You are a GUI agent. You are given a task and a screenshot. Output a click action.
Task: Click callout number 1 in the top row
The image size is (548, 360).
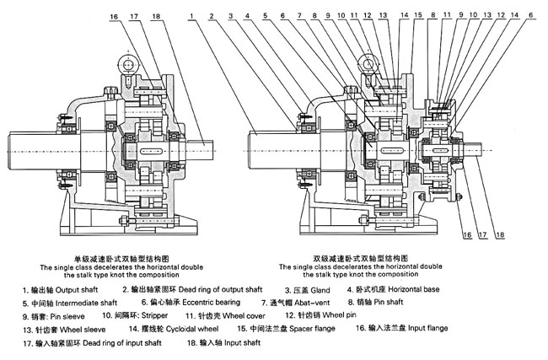pyautogui.click(x=193, y=14)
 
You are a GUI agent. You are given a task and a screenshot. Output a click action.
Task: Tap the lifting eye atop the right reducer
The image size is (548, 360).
pyautogui.click(x=368, y=61)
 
